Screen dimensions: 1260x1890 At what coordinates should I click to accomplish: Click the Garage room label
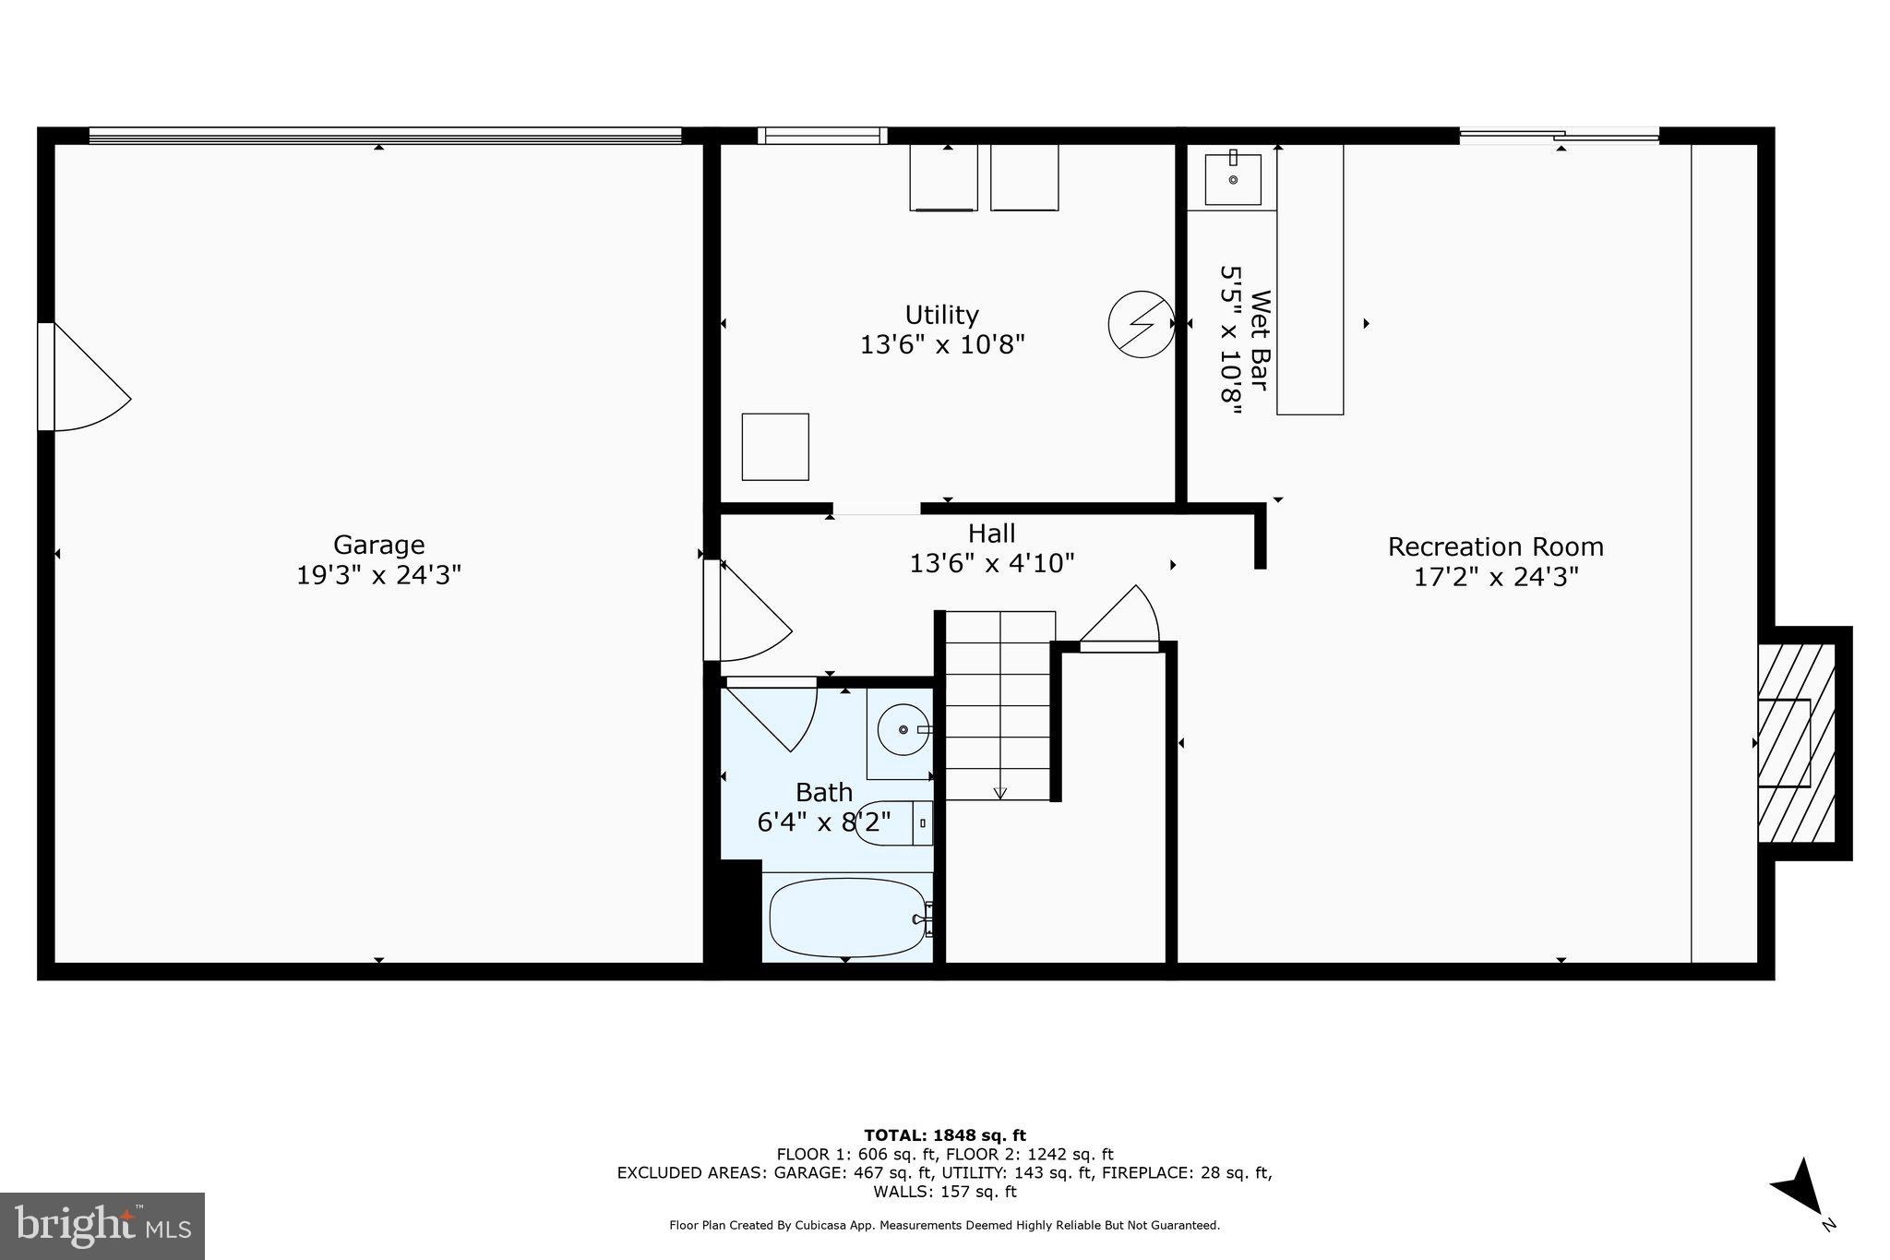[378, 545]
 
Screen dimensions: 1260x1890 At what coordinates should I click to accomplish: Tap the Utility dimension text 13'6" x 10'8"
[942, 345]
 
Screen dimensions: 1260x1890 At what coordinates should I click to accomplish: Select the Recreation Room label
[1495, 546]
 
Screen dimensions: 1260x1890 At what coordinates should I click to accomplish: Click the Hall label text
[992, 534]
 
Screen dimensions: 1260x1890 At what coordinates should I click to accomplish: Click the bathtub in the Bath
[846, 918]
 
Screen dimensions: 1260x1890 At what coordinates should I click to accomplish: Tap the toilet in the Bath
[891, 822]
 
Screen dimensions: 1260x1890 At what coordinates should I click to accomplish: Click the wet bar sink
[1233, 180]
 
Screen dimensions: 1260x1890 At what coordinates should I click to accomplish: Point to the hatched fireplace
[1795, 743]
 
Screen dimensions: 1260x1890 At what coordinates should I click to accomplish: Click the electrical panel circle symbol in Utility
[1141, 324]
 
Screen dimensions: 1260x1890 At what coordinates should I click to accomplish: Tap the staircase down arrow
[999, 792]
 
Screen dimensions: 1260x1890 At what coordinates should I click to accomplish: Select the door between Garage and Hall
[746, 612]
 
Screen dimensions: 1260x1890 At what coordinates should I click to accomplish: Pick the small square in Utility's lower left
[775, 447]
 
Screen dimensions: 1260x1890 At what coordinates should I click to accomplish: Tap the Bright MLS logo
[102, 1226]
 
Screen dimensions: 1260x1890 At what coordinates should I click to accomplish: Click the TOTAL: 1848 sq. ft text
[944, 1135]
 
